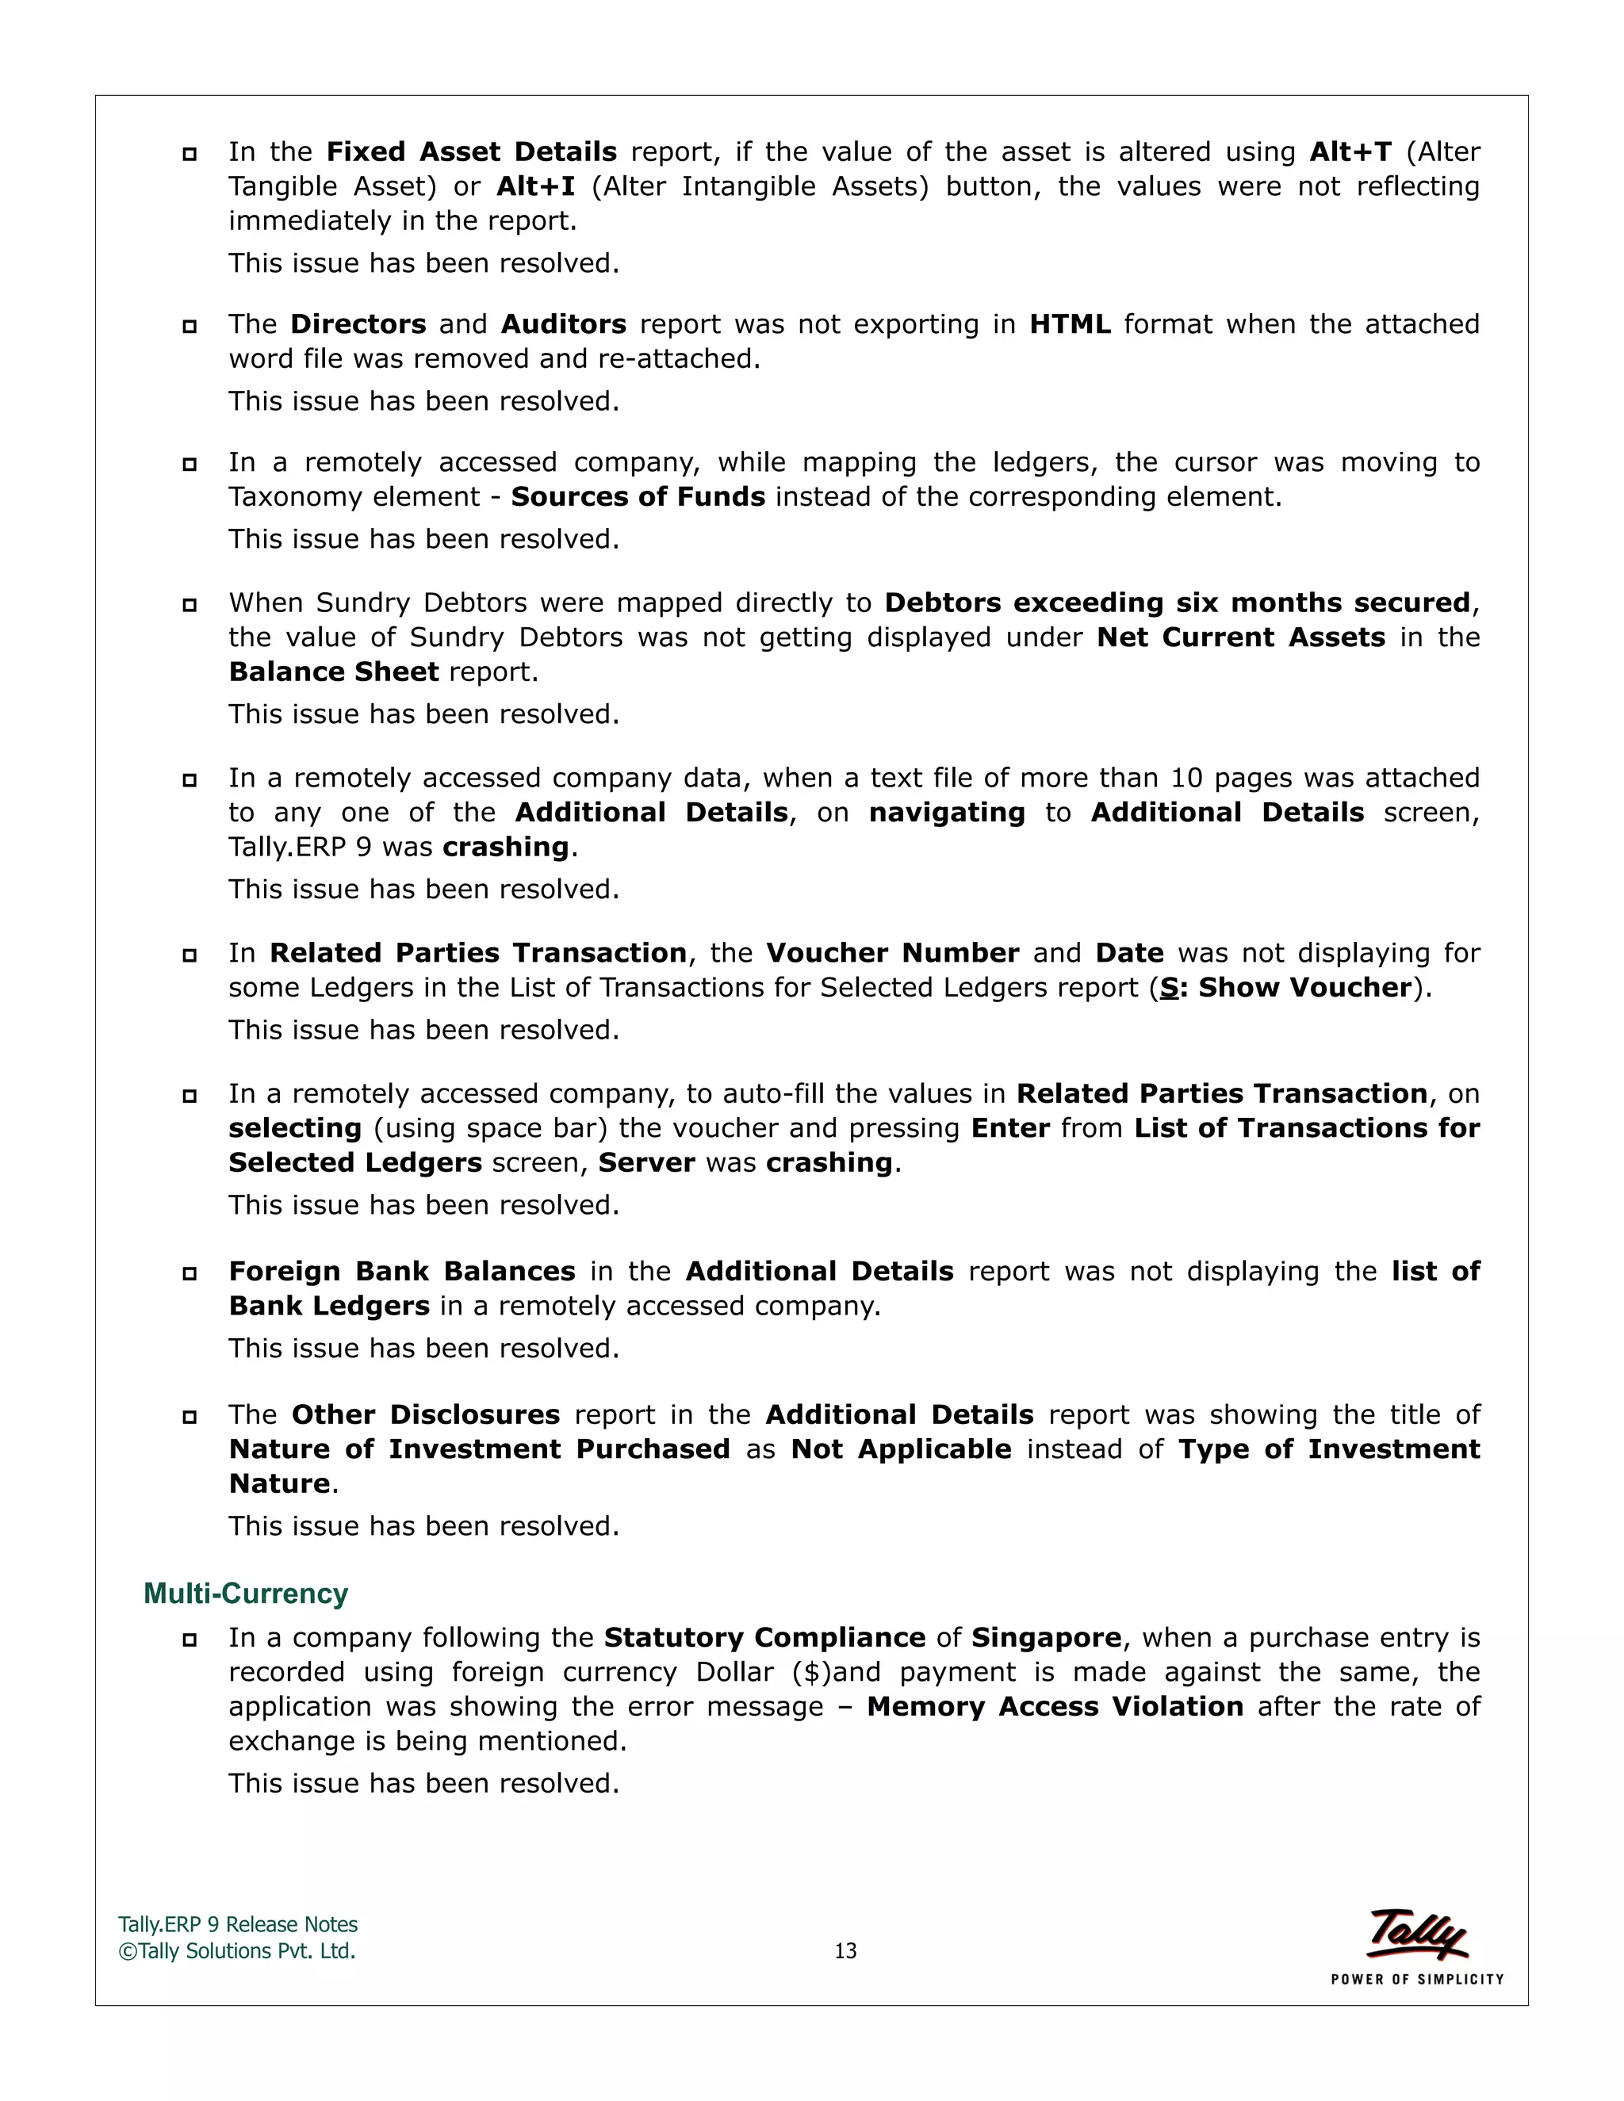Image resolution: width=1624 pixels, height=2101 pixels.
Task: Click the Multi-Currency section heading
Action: [x=245, y=1594]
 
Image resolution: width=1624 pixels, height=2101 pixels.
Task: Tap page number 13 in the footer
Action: [x=845, y=1951]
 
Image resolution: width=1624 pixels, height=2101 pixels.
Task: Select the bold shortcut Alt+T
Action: [x=1350, y=152]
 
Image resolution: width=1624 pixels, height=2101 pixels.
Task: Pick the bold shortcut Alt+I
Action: [x=535, y=186]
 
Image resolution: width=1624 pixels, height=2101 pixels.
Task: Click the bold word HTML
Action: [x=1069, y=324]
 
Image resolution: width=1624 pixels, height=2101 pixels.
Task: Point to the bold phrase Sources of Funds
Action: [x=638, y=496]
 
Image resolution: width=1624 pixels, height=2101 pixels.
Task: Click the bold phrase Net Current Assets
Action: [x=1241, y=637]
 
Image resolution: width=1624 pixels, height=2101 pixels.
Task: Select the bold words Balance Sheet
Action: [x=333, y=672]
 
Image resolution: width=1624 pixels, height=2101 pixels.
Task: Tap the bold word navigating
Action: [x=947, y=812]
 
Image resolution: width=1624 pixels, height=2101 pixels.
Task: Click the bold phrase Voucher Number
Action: [x=892, y=952]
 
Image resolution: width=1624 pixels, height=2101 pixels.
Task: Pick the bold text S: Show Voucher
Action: [x=1285, y=987]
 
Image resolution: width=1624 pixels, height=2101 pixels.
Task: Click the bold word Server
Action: [x=646, y=1162]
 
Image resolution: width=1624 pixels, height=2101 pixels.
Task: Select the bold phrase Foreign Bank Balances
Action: [x=402, y=1271]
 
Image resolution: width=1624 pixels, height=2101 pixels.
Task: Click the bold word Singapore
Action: [x=1046, y=1637]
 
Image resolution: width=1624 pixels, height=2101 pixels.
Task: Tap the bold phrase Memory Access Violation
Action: [x=1055, y=1707]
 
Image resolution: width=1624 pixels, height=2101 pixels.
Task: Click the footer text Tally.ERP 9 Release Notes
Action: [x=238, y=1924]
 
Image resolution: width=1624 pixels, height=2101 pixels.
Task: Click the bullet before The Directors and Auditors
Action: [x=190, y=326]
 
